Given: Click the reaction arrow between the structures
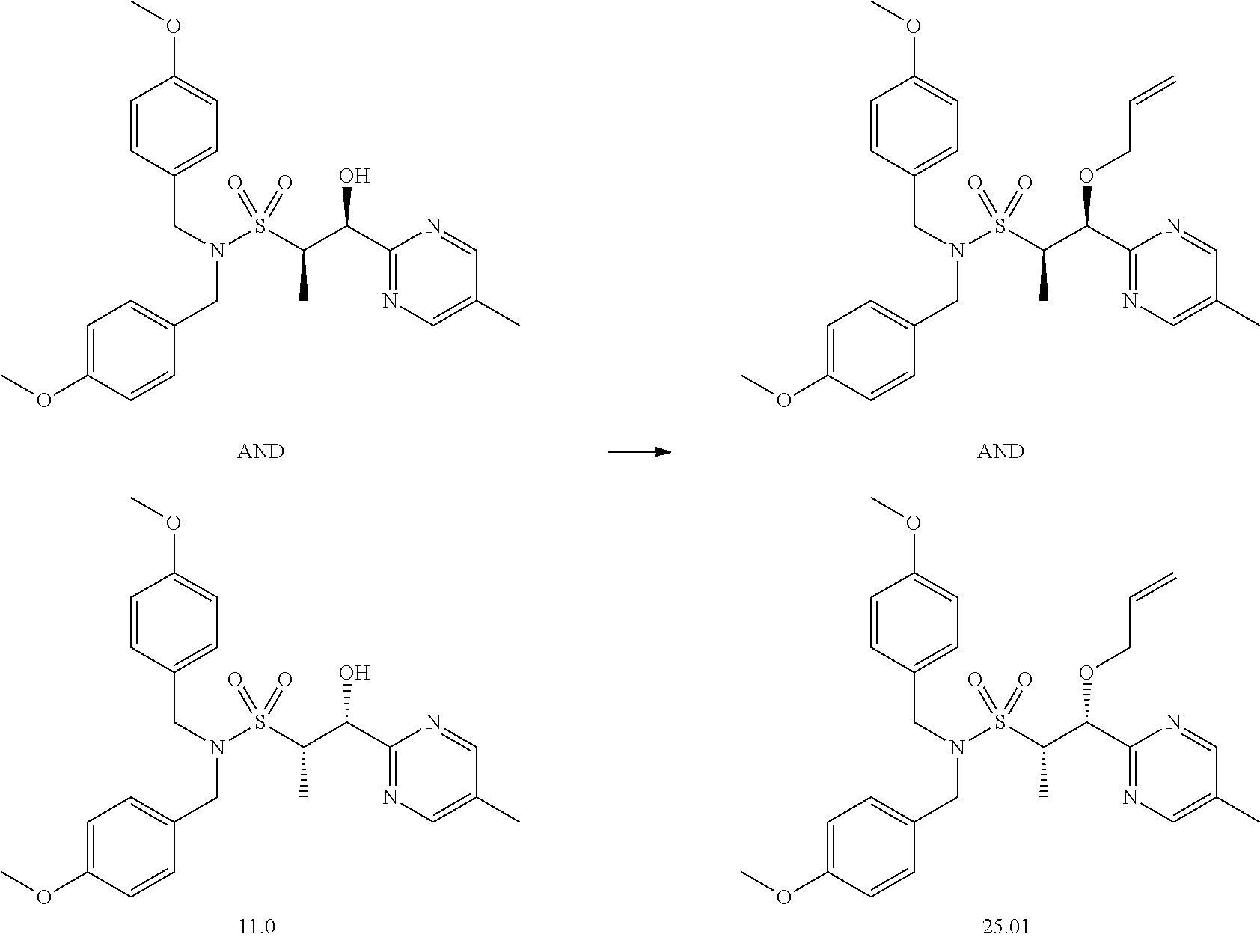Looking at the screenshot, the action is [638, 451].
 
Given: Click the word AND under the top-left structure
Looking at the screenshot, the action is [260, 451].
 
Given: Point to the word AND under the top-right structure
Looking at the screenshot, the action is [1000, 451].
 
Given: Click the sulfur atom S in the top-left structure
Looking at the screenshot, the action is [260, 225].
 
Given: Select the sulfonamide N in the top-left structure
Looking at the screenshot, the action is [216, 251].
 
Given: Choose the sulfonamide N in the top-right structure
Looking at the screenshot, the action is [956, 251].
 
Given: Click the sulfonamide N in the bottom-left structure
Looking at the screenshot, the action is [216, 748].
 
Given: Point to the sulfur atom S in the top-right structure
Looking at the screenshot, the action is [1000, 225].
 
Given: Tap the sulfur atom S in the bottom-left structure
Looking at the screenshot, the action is [260, 722].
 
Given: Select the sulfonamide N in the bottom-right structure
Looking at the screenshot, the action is [956, 748].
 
